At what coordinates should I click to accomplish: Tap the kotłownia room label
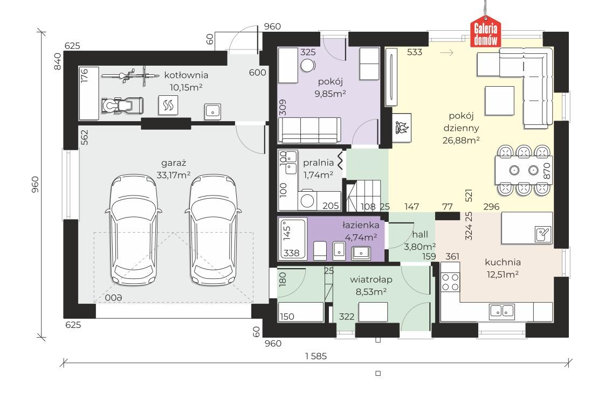click(x=186, y=75)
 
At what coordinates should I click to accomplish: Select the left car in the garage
click(x=133, y=230)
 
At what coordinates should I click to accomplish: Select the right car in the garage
click(x=214, y=230)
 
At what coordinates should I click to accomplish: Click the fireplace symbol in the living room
click(x=402, y=128)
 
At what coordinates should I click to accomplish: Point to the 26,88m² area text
click(x=461, y=140)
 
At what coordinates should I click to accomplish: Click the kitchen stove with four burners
click(x=450, y=282)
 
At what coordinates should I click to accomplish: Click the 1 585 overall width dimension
click(x=316, y=356)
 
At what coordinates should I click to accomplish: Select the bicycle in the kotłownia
click(x=130, y=75)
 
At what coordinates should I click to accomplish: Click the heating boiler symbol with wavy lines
click(x=168, y=105)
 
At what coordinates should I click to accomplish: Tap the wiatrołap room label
click(x=371, y=279)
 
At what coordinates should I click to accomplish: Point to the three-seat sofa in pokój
click(x=310, y=130)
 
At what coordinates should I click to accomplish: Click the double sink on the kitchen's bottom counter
click(x=501, y=312)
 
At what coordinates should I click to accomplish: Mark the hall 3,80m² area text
click(x=420, y=247)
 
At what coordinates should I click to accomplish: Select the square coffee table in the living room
click(x=500, y=101)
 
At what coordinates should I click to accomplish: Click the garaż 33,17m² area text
click(x=173, y=175)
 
